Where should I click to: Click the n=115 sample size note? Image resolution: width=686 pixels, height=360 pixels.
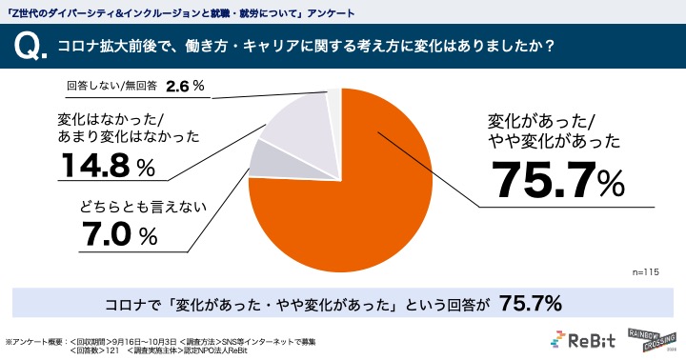point(646,271)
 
